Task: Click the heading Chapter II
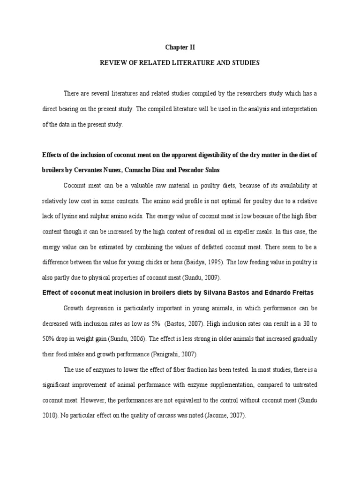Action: (x=180, y=47)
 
